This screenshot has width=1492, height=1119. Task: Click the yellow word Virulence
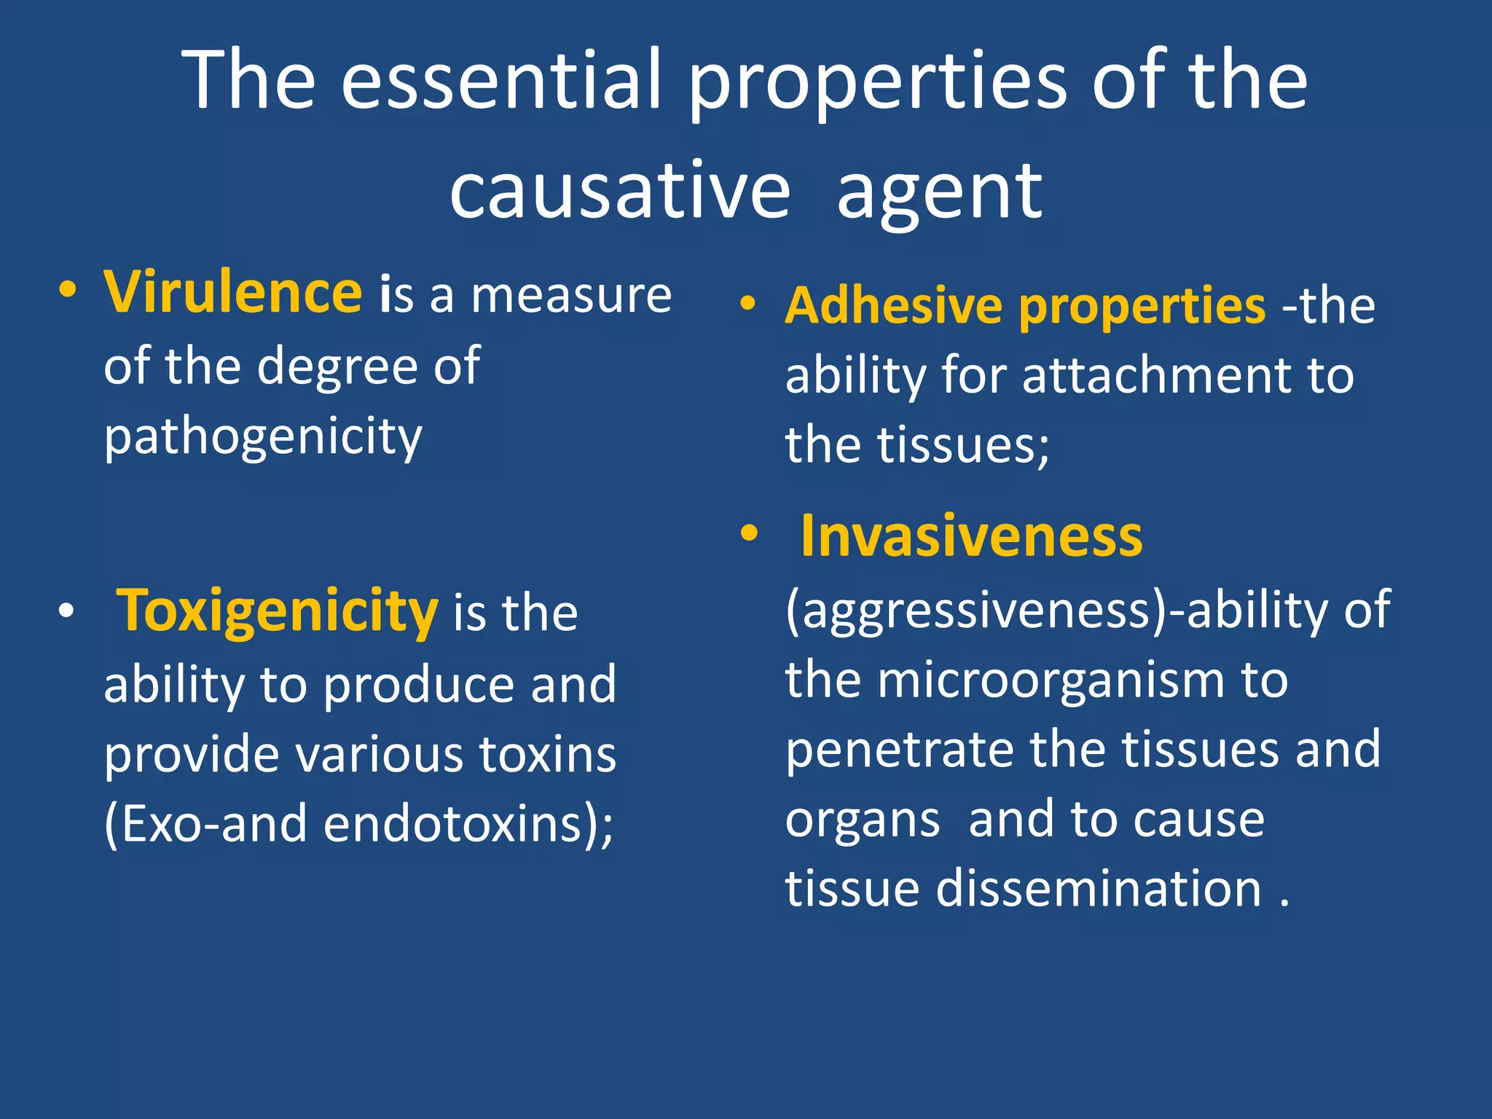pos(232,292)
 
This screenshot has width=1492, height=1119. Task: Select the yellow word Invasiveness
pos(971,536)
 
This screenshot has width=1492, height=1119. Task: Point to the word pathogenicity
pos(263,437)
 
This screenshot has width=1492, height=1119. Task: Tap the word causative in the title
pos(620,191)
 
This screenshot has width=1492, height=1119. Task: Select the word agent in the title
pos(940,191)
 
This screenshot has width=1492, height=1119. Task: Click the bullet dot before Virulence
pos(68,292)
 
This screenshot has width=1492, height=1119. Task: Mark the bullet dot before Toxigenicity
pos(66,611)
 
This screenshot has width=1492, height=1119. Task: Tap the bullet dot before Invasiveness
pos(748,535)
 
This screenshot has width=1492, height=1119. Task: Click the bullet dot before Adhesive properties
pos(748,304)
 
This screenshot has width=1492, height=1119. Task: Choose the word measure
pos(571,295)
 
